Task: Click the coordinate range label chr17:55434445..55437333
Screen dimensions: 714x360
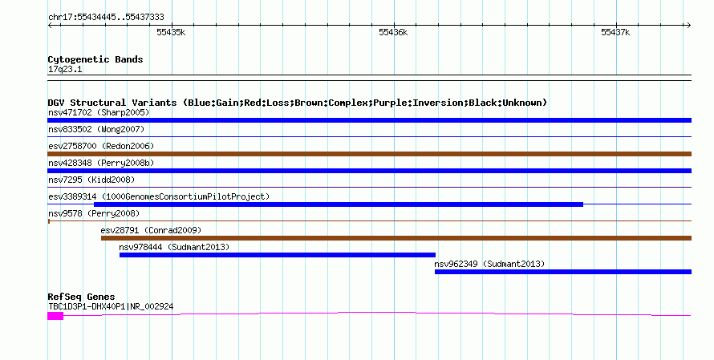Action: coord(106,18)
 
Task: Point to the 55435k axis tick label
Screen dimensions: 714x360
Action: coord(171,32)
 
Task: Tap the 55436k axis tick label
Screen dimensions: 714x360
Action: coord(393,32)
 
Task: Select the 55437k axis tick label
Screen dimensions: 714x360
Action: coord(615,32)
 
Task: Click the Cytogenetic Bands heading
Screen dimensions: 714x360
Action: coord(95,59)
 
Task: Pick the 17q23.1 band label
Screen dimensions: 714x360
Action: coord(65,69)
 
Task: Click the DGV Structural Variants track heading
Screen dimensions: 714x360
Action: coord(298,103)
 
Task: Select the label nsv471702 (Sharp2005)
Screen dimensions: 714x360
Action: coord(99,112)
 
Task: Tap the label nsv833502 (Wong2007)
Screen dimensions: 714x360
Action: coord(96,129)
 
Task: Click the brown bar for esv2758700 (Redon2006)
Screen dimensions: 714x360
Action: coord(369,154)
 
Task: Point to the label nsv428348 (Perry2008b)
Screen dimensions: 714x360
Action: coord(101,163)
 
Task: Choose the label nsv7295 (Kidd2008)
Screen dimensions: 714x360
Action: coord(91,180)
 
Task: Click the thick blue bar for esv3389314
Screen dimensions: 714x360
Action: coord(339,204)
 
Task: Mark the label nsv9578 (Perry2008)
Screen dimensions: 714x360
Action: coord(94,213)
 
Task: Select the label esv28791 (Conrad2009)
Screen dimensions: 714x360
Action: coord(151,230)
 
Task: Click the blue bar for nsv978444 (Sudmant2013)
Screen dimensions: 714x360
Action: coord(278,255)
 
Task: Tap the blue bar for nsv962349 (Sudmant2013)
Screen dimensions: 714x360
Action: coord(563,272)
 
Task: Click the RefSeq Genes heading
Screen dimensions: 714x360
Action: coord(81,297)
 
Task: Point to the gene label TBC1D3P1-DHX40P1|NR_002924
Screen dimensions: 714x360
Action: coord(111,307)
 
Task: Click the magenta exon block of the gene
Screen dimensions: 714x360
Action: coord(55,316)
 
